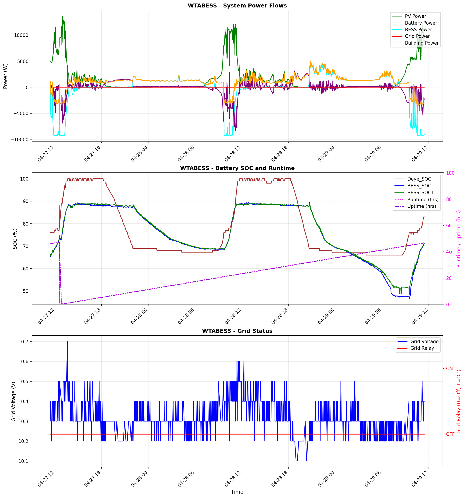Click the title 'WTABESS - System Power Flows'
tap(237, 5)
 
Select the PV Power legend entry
tap(415, 16)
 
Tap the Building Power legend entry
tap(422, 43)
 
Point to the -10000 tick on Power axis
tap(19, 139)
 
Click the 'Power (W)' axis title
tap(5, 76)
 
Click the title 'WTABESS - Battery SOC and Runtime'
tap(237, 168)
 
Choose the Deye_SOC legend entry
tap(419, 179)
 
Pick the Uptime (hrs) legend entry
tap(422, 206)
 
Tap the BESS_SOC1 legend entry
tap(420, 192)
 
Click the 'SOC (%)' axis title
tap(15, 239)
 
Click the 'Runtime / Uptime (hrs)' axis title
tap(458, 239)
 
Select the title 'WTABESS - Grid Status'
tap(237, 331)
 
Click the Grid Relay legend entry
tap(422, 348)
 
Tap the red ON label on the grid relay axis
tap(449, 368)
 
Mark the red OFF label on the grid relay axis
tap(450, 434)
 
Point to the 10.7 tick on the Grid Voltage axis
tap(23, 341)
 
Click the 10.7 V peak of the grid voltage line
tap(67, 342)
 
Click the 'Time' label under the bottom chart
tap(237, 492)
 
